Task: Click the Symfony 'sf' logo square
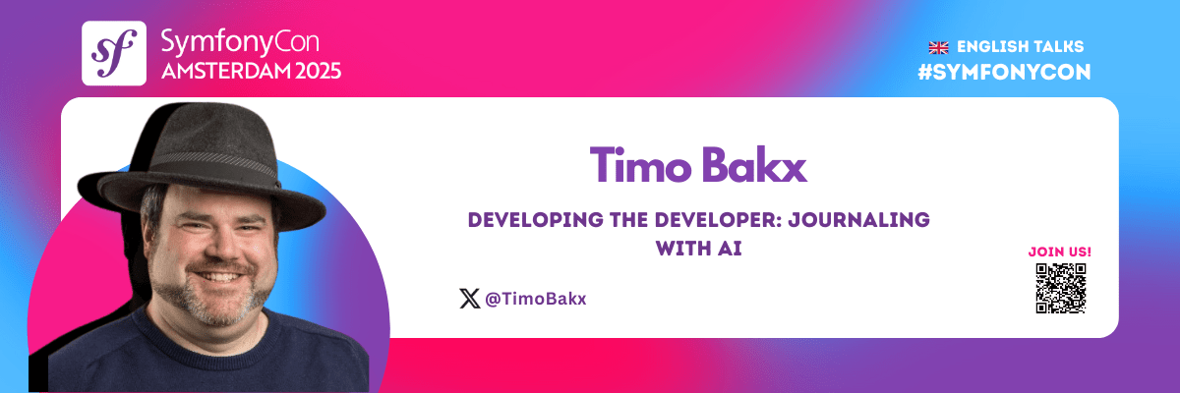[114, 53]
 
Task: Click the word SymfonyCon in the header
[240, 42]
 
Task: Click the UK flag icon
[938, 48]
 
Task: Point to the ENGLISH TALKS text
[1020, 47]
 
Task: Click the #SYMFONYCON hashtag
[1004, 72]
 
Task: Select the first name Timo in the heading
[640, 165]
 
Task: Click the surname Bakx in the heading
[754, 165]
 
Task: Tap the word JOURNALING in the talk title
[858, 220]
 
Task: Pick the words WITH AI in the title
[698, 249]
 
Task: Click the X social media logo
[469, 299]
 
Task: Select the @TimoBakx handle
[535, 299]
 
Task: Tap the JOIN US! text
[1059, 252]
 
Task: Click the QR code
[1061, 288]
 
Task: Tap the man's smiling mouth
[218, 276]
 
